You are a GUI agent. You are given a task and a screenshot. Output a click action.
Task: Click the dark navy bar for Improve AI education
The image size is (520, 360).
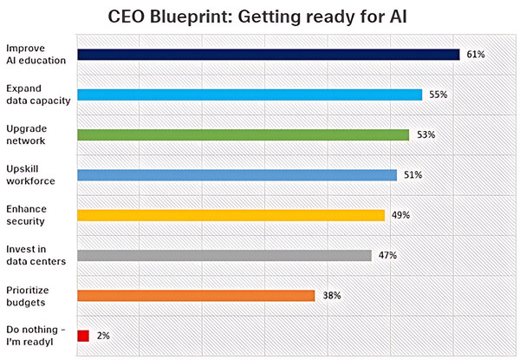pyautogui.click(x=269, y=55)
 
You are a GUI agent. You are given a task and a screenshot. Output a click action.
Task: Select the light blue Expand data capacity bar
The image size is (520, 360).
pyautogui.click(x=250, y=95)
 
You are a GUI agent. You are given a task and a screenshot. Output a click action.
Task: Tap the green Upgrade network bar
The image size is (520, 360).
pyautogui.click(x=244, y=134)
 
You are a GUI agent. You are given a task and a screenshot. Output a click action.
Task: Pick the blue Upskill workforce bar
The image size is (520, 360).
pyautogui.click(x=237, y=175)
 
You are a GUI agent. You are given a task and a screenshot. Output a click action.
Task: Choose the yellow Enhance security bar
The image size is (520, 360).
pyautogui.click(x=231, y=215)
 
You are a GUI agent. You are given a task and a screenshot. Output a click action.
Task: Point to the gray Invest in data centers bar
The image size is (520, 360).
pyautogui.click(x=224, y=255)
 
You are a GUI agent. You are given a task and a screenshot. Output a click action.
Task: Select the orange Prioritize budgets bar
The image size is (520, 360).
pyautogui.click(x=196, y=296)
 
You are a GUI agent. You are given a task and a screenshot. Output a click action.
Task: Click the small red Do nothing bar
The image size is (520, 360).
pyautogui.click(x=83, y=336)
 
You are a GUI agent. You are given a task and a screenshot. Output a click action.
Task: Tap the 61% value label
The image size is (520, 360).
pyautogui.click(x=475, y=55)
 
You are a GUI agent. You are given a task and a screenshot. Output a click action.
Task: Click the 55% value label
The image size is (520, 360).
pyautogui.click(x=438, y=95)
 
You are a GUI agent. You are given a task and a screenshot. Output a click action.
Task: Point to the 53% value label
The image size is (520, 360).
pyautogui.click(x=425, y=134)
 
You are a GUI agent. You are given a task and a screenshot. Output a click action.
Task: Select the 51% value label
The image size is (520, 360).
pyautogui.click(x=413, y=175)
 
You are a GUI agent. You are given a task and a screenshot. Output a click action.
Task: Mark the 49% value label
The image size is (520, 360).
pyautogui.click(x=400, y=215)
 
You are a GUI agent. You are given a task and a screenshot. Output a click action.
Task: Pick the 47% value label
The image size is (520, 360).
pyautogui.click(x=387, y=255)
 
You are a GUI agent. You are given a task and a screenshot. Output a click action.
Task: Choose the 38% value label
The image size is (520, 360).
pyautogui.click(x=331, y=296)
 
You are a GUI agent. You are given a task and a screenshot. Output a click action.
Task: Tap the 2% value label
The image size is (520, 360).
pyautogui.click(x=104, y=336)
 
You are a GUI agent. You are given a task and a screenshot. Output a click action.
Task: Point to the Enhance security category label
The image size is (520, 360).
pyautogui.click(x=27, y=215)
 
